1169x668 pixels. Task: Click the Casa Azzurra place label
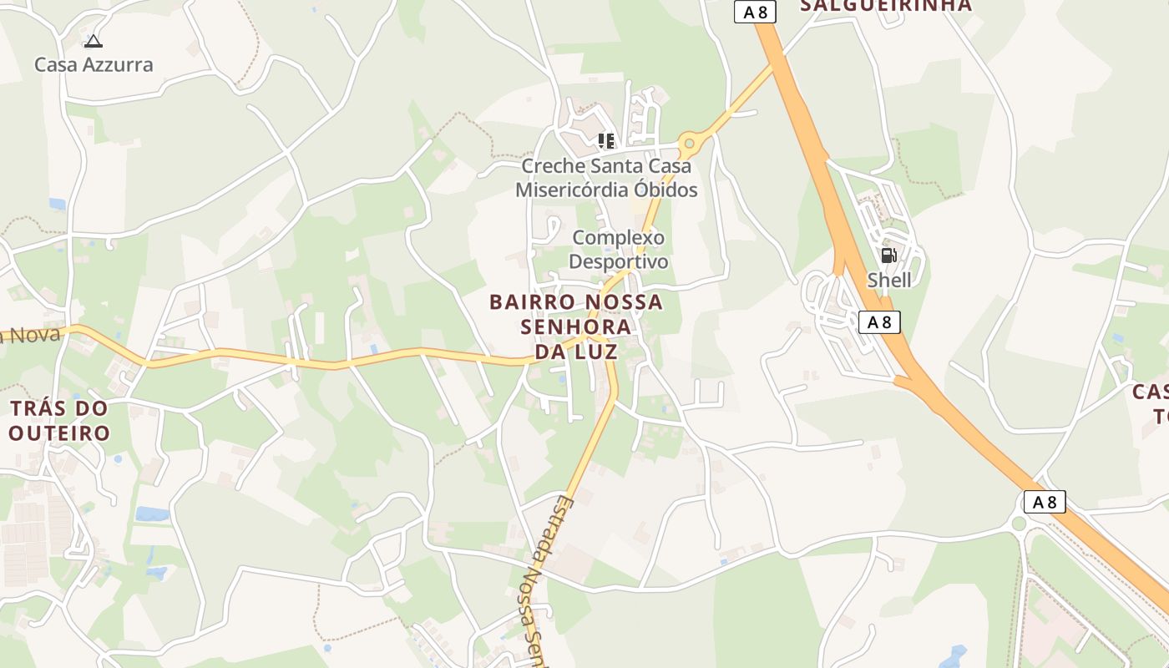[94, 65]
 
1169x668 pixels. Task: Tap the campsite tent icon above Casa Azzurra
[94, 41]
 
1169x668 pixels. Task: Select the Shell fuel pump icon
[889, 256]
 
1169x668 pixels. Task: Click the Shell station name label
[889, 280]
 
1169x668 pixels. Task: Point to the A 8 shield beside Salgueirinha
[756, 12]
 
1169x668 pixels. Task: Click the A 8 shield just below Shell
[879, 322]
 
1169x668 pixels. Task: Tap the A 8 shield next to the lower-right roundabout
[1045, 502]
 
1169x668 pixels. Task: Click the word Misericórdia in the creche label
[568, 190]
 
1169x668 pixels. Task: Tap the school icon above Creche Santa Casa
[606, 140]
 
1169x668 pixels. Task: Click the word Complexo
[619, 238]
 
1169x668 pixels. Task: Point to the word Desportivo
[619, 261]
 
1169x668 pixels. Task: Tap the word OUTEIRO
[59, 433]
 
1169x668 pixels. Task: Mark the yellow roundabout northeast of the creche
[689, 144]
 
